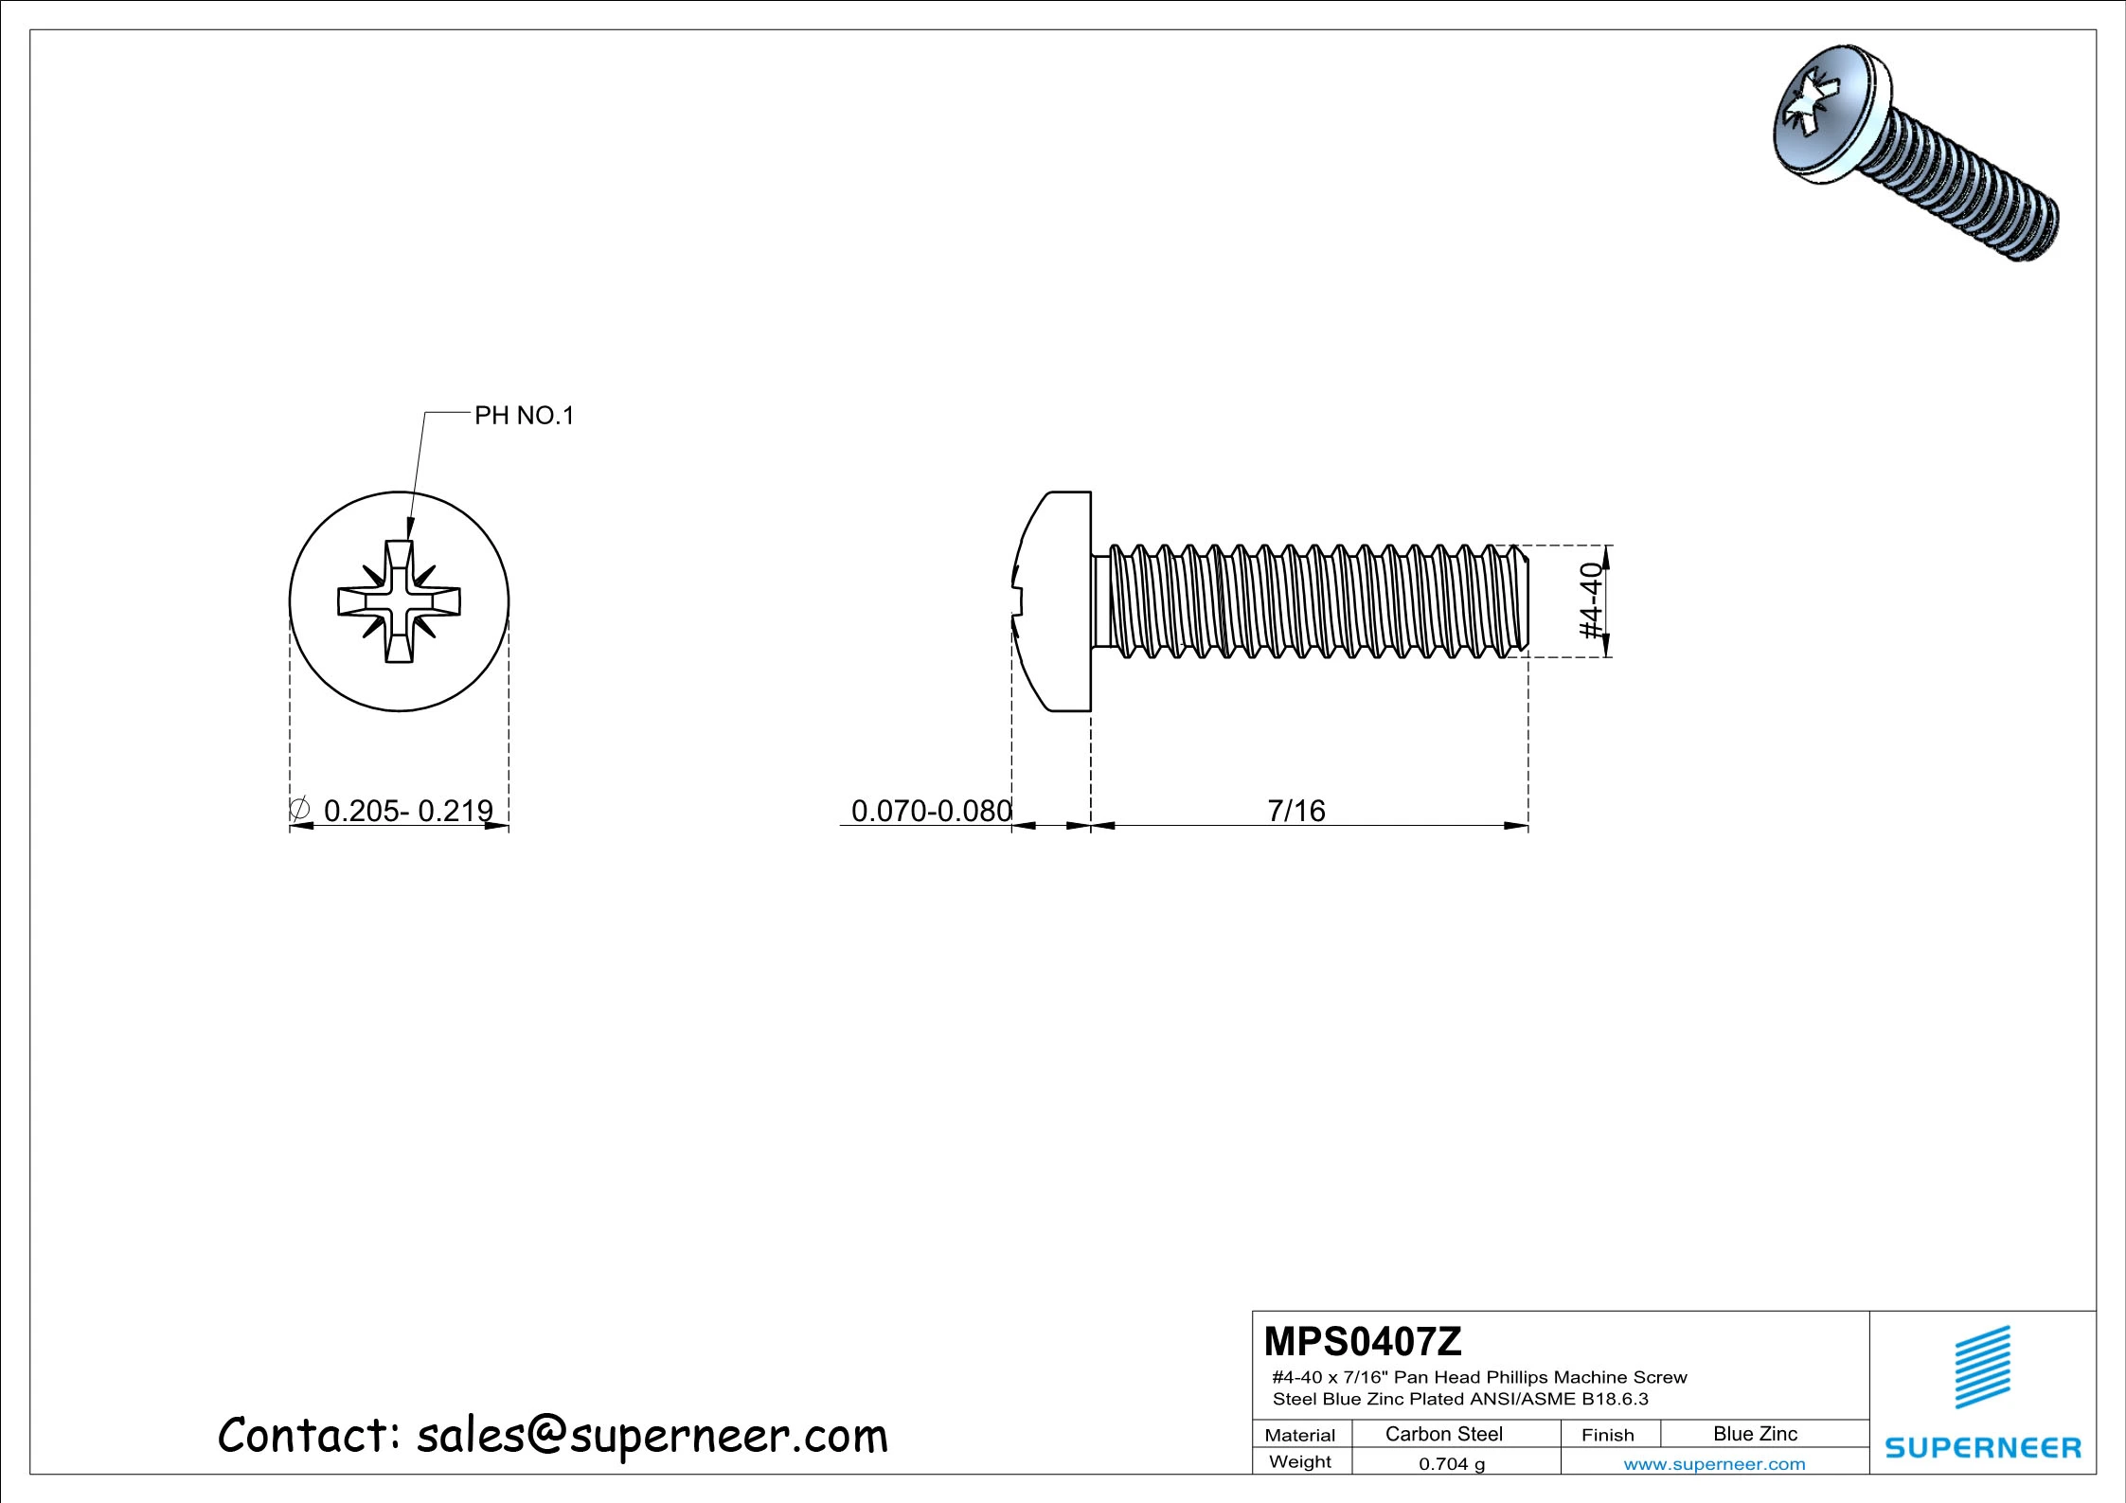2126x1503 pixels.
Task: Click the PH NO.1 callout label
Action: pos(524,416)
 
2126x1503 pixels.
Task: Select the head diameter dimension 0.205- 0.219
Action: pos(408,811)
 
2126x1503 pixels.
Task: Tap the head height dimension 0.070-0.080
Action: pos(932,811)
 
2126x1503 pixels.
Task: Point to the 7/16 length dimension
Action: pos(1296,811)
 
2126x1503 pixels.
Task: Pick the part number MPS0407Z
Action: pos(1363,1341)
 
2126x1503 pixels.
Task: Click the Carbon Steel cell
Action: pos(1444,1434)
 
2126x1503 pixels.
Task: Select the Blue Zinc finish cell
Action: pos(1755,1434)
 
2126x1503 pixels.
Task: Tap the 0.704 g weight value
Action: pos(1452,1464)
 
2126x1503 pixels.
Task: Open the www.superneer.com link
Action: pos(1714,1464)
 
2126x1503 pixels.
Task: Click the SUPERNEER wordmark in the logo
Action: pos(1983,1448)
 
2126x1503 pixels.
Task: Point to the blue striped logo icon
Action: pos(1983,1367)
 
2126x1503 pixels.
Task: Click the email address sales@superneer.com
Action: pos(652,1436)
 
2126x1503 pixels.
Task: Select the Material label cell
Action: pos(1300,1435)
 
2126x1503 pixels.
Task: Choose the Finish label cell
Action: pos(1608,1435)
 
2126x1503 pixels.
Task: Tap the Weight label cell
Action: pos(1300,1461)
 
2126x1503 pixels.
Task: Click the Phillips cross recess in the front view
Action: pos(400,601)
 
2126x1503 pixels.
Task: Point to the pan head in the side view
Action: pos(1051,601)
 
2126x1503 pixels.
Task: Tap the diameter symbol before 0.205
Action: pos(299,810)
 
